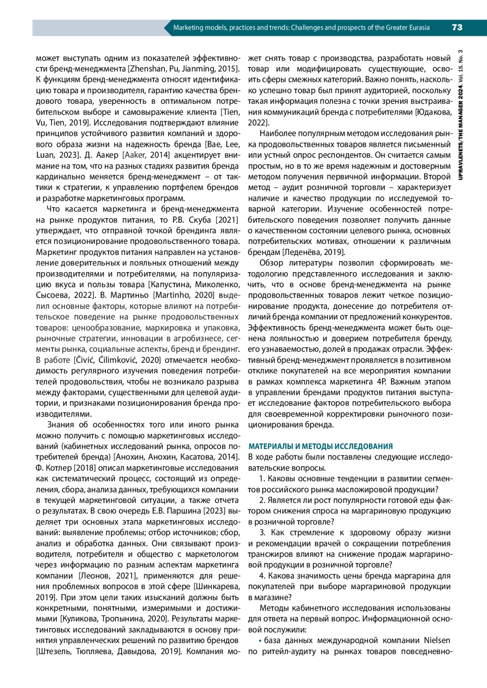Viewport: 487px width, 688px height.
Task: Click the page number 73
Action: [457, 28]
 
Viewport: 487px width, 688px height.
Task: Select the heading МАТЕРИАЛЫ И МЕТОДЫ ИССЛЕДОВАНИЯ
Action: [321, 446]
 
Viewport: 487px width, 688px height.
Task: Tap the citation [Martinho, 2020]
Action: [183, 295]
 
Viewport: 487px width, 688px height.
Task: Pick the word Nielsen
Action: [437, 641]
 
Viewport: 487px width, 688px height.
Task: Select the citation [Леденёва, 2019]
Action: [313, 252]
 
